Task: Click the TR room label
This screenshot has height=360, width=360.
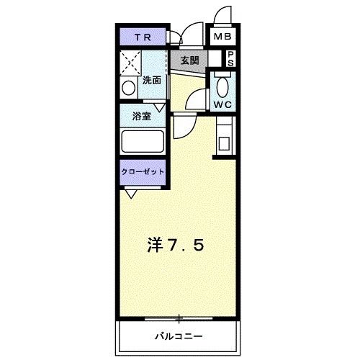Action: [141, 37]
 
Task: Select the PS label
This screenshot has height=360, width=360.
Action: [231, 58]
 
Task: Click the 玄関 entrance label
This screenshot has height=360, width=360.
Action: [189, 59]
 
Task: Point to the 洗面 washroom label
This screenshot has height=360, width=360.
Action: [151, 80]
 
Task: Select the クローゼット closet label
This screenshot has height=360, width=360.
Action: [143, 172]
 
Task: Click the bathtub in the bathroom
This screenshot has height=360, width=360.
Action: [143, 140]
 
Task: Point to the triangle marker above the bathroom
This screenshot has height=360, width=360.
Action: [159, 107]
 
